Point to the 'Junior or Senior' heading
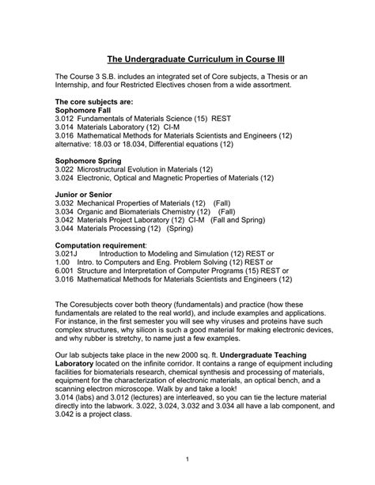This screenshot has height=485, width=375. click(83, 195)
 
